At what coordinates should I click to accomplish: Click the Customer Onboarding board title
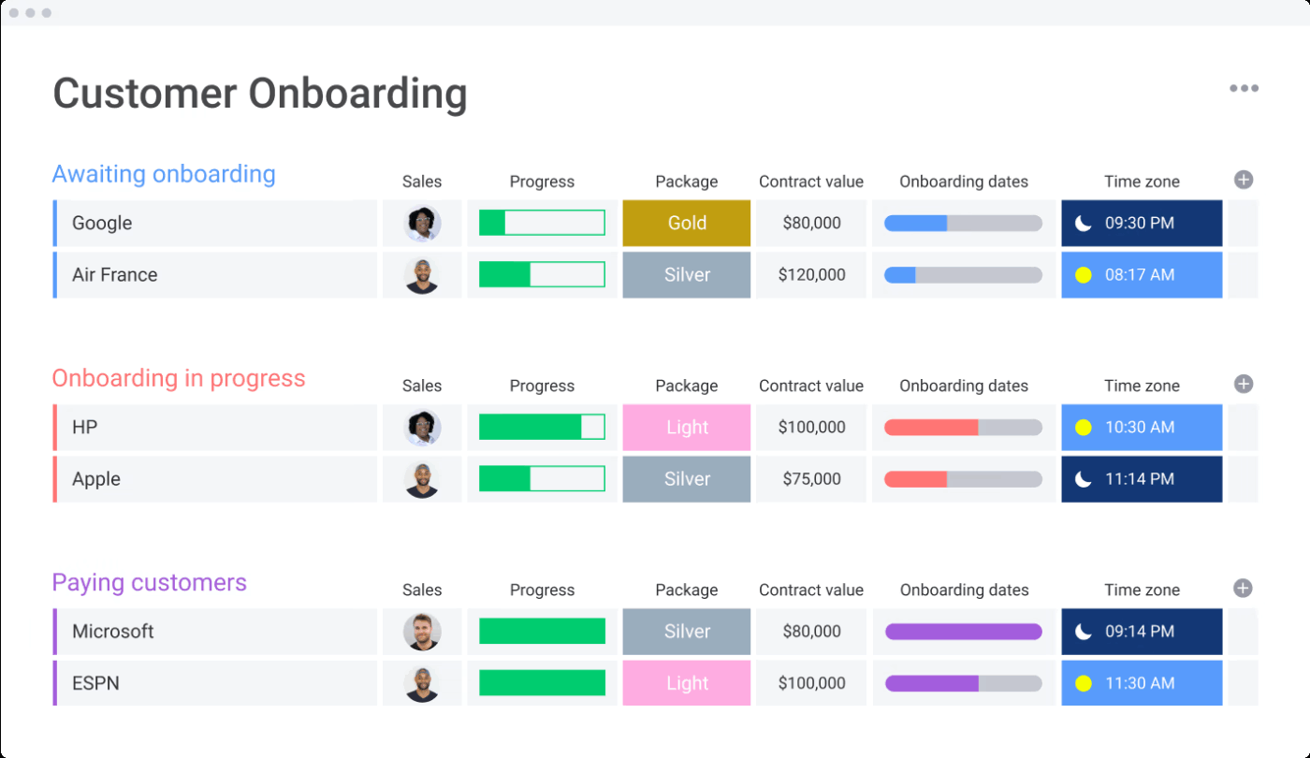(259, 94)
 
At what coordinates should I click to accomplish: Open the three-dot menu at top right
(1244, 89)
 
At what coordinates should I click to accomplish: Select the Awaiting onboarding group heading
(164, 174)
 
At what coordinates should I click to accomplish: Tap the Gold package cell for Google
(687, 223)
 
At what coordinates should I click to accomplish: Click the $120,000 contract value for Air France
(811, 275)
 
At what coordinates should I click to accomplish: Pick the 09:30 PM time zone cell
(1142, 223)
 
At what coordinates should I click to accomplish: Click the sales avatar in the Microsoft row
(422, 632)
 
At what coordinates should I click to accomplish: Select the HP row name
(85, 428)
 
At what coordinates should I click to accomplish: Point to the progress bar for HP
(542, 428)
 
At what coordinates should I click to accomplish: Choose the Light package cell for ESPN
(687, 683)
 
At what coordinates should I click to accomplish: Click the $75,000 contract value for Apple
(811, 479)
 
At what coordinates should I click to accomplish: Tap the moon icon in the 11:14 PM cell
(1084, 479)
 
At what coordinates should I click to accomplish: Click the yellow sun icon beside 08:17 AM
(1084, 275)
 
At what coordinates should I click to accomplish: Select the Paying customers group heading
(150, 582)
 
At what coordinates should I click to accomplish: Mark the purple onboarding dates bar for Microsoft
(963, 632)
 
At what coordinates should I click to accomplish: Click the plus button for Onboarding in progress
(1243, 384)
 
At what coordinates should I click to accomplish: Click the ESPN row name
(95, 683)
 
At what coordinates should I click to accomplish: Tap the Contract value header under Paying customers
(811, 590)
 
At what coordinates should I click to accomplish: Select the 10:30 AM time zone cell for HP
(1142, 428)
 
